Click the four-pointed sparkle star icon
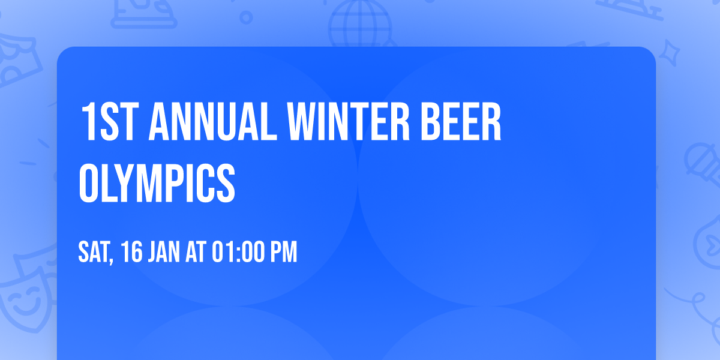(672, 50)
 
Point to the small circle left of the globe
(246, 17)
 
